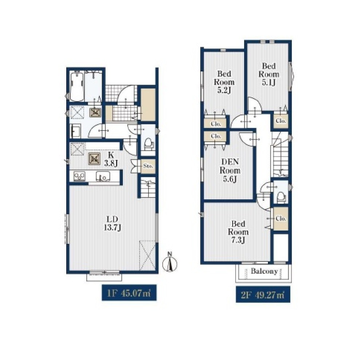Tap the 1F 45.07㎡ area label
click(x=129, y=293)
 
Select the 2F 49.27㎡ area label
click(x=263, y=295)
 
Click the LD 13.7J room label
click(x=112, y=223)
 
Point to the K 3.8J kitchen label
click(x=111, y=159)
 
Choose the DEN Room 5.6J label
click(x=230, y=171)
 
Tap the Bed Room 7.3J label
click(x=238, y=232)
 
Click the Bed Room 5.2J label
click(x=224, y=82)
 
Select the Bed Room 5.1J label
click(x=269, y=74)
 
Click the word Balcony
click(x=264, y=271)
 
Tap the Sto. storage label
click(x=148, y=166)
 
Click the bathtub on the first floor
click(x=76, y=86)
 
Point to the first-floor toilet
click(x=149, y=143)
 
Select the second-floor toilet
click(x=281, y=196)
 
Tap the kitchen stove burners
click(x=79, y=176)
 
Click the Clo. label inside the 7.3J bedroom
click(x=281, y=219)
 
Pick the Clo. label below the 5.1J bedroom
click(x=281, y=121)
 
